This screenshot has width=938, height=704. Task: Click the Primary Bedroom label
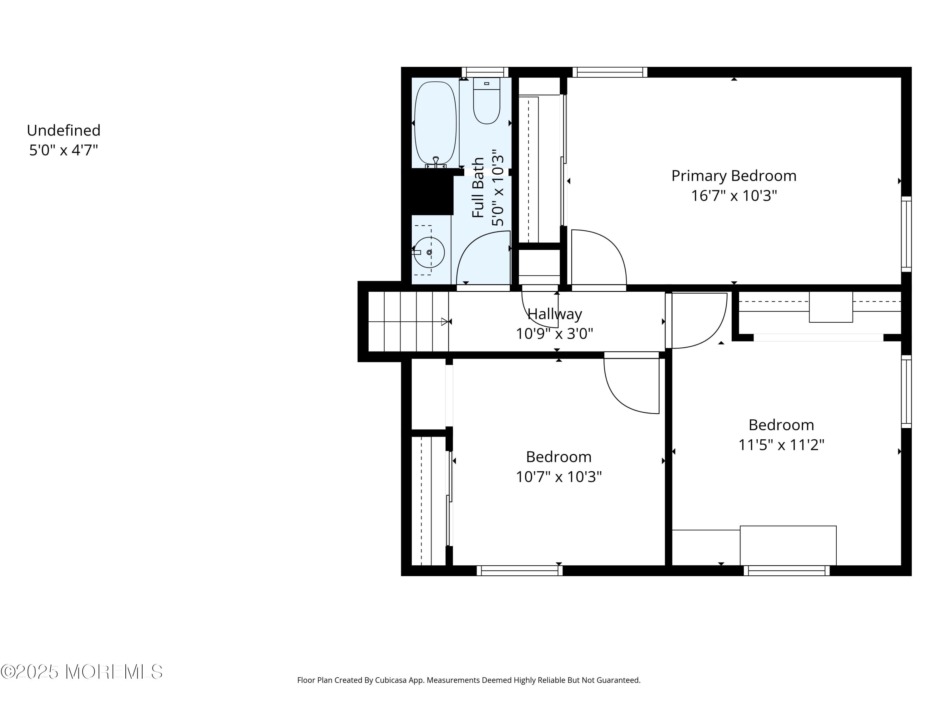click(734, 176)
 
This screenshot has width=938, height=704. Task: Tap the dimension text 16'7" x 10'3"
click(734, 196)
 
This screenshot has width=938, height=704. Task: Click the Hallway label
click(554, 314)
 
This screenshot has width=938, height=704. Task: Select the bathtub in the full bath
click(435, 123)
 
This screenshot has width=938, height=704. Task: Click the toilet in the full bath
click(487, 102)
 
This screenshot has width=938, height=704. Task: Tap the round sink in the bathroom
click(429, 253)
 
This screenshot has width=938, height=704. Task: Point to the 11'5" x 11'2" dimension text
click(781, 445)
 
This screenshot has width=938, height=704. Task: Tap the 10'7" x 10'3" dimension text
click(558, 477)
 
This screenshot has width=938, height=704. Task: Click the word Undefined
click(63, 130)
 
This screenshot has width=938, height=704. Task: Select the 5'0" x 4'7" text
click(63, 150)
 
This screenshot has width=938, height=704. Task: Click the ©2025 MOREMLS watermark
click(81, 672)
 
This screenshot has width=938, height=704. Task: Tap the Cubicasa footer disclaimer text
click(469, 680)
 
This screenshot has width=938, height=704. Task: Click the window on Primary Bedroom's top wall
click(610, 72)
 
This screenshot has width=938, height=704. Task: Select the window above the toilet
click(485, 72)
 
